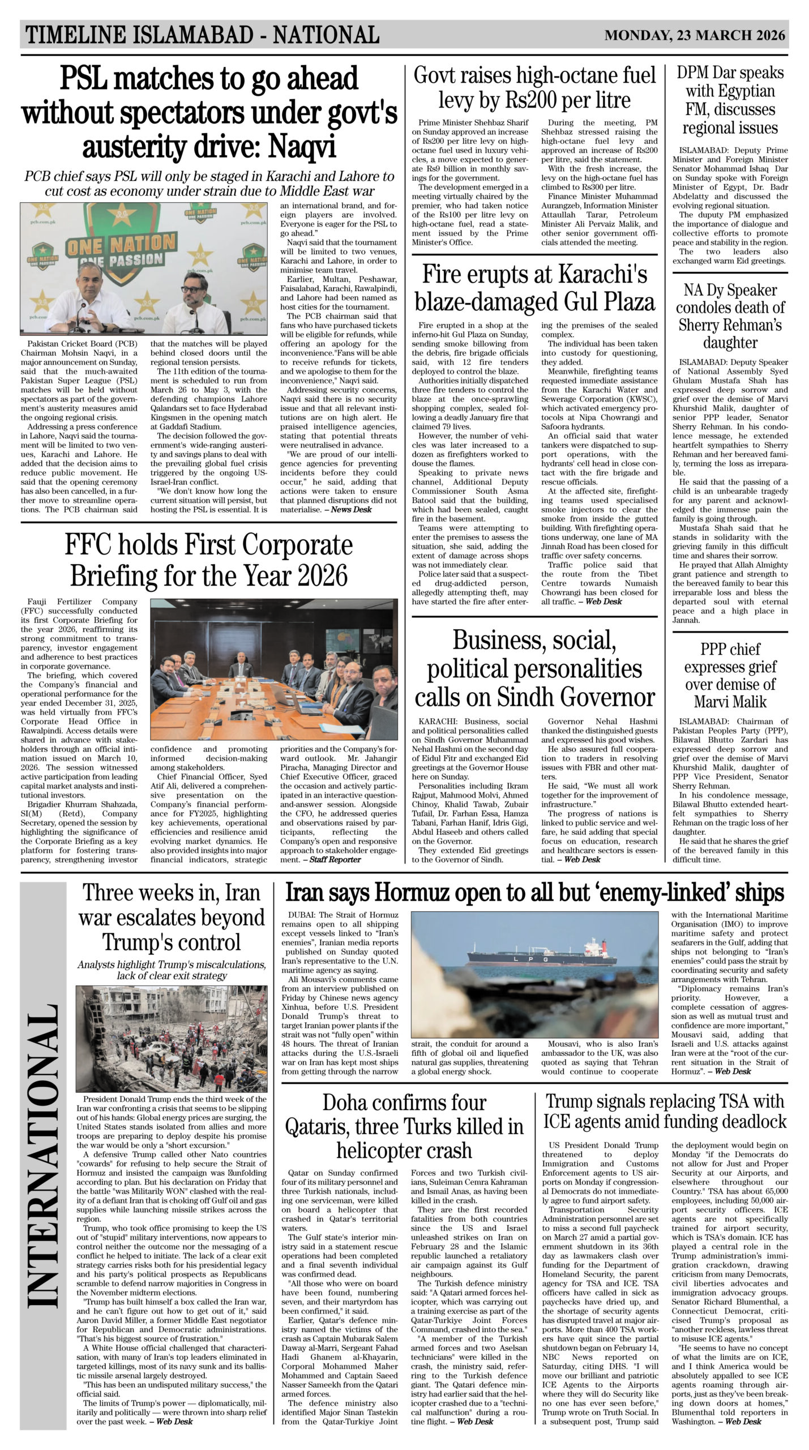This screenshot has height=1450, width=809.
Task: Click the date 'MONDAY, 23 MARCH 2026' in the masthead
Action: [x=694, y=35]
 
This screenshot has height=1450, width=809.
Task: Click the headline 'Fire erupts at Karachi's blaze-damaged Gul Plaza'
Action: [x=534, y=288]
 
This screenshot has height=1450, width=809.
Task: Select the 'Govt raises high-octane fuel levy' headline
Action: [x=534, y=88]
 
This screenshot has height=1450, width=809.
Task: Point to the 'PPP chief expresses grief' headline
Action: [x=730, y=675]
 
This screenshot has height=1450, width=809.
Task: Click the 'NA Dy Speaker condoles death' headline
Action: [x=730, y=317]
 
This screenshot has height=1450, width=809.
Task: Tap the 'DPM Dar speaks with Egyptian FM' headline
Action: [x=730, y=100]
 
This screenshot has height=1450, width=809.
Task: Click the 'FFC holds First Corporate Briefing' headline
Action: [x=208, y=561]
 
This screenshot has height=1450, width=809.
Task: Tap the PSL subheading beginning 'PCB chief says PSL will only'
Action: [x=208, y=183]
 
